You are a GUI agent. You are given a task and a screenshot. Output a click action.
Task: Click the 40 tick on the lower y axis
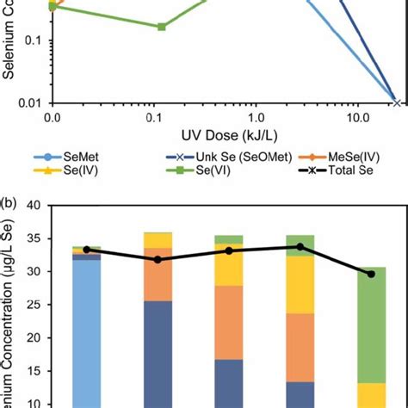(x=35, y=206)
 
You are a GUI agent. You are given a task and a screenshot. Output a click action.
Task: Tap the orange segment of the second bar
(x=158, y=274)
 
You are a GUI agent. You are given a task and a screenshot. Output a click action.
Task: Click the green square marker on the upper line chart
(x=162, y=27)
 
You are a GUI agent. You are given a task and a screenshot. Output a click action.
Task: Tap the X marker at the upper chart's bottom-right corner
(x=396, y=102)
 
